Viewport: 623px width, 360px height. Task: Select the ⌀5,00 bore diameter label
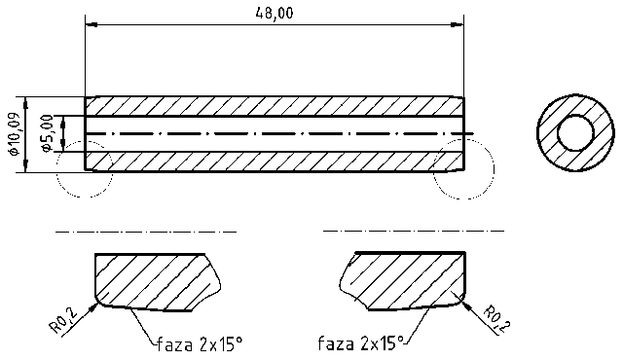[x=45, y=133]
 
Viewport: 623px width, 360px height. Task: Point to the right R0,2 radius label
[x=495, y=317]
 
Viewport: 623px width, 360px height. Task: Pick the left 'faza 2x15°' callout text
[x=198, y=343]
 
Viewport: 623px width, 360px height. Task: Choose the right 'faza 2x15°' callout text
[x=360, y=343]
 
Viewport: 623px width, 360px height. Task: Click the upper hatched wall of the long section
[x=273, y=107]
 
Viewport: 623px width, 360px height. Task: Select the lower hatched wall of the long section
[x=273, y=161]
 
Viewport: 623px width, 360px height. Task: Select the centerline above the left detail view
[x=146, y=232]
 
